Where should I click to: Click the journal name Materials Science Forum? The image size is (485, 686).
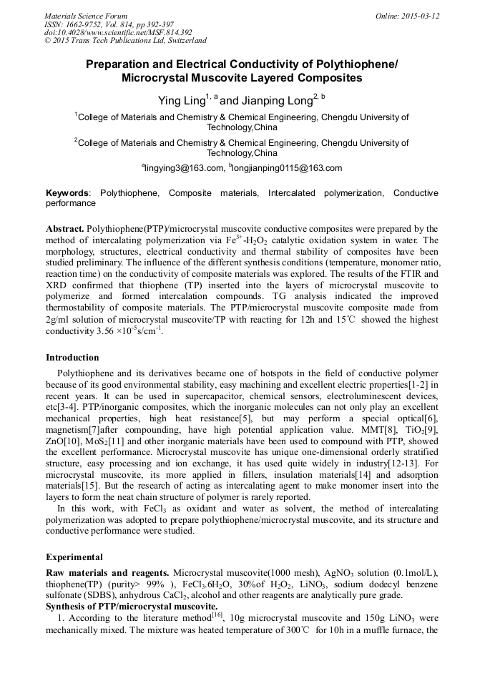(x=86, y=16)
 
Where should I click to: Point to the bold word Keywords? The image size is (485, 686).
(x=68, y=193)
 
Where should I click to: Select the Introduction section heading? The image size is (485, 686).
(x=72, y=357)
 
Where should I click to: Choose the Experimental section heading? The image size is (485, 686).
(x=74, y=557)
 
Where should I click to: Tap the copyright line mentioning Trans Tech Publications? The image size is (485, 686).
(x=125, y=41)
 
